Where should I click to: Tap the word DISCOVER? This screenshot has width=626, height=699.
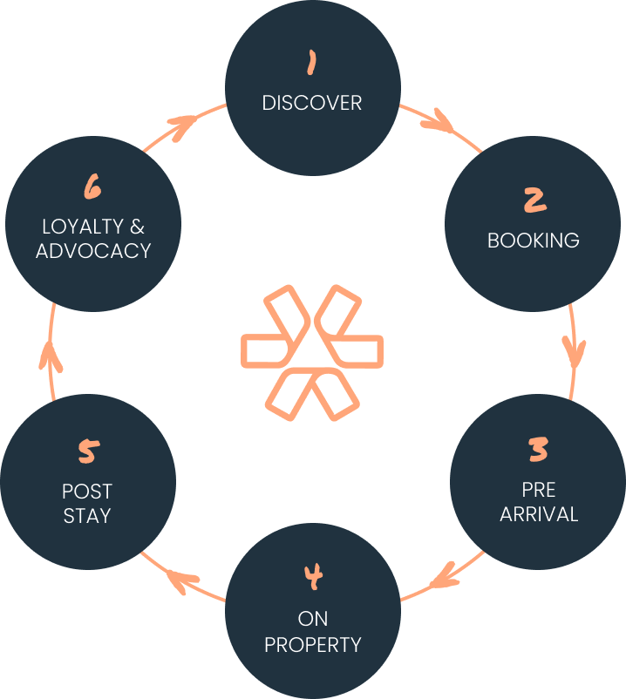click(x=312, y=103)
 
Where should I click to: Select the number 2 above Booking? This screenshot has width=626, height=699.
click(x=534, y=200)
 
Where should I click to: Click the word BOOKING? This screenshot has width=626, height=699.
click(x=533, y=241)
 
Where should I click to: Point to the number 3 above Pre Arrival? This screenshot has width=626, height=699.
click(x=539, y=450)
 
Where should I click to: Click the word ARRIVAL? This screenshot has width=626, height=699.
click(x=539, y=513)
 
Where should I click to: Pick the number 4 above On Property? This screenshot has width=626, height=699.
click(x=313, y=577)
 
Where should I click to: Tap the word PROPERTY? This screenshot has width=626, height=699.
click(x=313, y=645)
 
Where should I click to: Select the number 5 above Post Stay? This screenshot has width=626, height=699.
click(x=88, y=451)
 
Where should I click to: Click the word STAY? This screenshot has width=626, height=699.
click(x=87, y=515)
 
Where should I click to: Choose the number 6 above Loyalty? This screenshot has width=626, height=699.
click(x=93, y=187)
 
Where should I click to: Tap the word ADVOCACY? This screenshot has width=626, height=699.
click(x=93, y=250)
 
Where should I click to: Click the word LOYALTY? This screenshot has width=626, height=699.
click(x=84, y=227)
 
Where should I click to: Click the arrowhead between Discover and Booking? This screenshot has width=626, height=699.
click(x=437, y=122)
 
